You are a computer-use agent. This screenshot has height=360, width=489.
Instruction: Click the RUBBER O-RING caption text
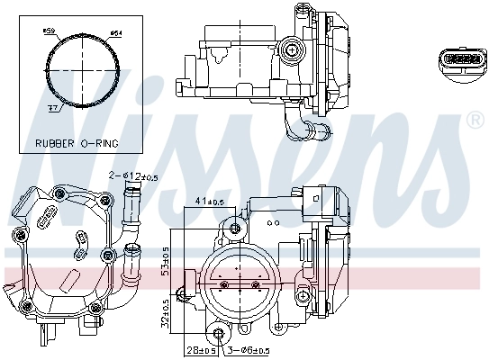pyautogui.click(x=77, y=143)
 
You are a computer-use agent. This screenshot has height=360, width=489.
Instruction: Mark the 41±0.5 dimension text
pyautogui.click(x=212, y=202)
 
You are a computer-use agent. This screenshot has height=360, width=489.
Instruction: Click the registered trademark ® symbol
pyautogui.click(x=475, y=119)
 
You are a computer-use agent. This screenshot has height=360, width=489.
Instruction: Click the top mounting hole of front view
pyautogui.click(x=236, y=225)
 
